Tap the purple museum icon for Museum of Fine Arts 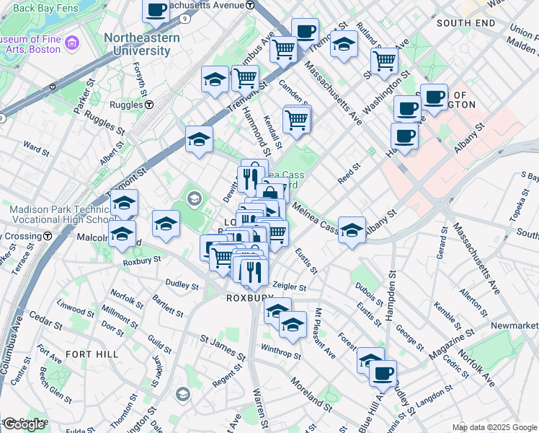click(x=71, y=45)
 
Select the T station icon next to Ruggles click(x=149, y=104)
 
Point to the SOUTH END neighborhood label click(x=466, y=23)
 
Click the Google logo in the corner click(x=24, y=424)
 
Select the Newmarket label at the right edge click(x=514, y=325)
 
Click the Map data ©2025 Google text click(x=494, y=427)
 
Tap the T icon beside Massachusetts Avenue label click(x=249, y=4)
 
